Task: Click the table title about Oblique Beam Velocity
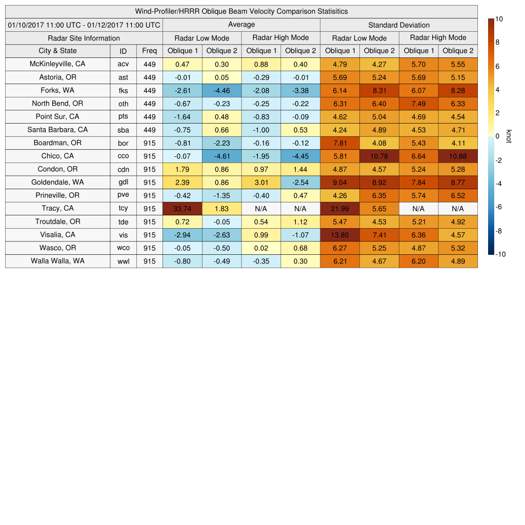pyautogui.click(x=241, y=11)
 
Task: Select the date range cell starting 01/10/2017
pyautogui.click(x=84, y=25)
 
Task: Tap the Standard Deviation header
pyautogui.click(x=399, y=25)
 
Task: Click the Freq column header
pyautogui.click(x=150, y=51)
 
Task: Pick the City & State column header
pyautogui.click(x=57, y=51)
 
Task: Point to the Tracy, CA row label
pyautogui.click(x=57, y=208)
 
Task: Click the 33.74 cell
pyautogui.click(x=182, y=208)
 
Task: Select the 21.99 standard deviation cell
pyautogui.click(x=340, y=208)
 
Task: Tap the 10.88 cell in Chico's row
pyautogui.click(x=458, y=156)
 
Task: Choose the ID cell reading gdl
pyautogui.click(x=123, y=182)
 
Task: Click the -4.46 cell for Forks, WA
pyautogui.click(x=221, y=90)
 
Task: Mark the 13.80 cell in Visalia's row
pyautogui.click(x=340, y=235)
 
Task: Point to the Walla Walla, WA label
pyautogui.click(x=57, y=261)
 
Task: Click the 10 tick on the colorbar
pyautogui.click(x=499, y=19)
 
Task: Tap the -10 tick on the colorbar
pyautogui.click(x=500, y=254)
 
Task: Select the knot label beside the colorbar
pyautogui.click(x=509, y=136)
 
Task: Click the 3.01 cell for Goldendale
pyautogui.click(x=261, y=182)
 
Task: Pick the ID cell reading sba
pyautogui.click(x=123, y=130)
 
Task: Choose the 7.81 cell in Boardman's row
pyautogui.click(x=340, y=143)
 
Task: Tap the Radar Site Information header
pyautogui.click(x=84, y=38)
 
